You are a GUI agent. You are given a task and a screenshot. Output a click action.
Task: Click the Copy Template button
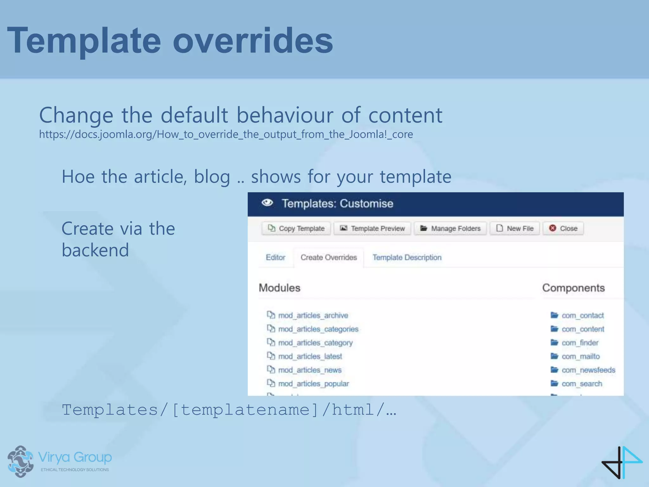[296, 228]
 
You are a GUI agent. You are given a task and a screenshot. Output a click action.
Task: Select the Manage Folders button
[450, 228]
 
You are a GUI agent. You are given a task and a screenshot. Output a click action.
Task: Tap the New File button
[515, 228]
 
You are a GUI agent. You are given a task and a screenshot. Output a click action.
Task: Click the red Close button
[563, 228]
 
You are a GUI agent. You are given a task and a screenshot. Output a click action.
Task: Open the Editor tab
[275, 257]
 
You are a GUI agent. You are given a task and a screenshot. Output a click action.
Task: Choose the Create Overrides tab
[329, 257]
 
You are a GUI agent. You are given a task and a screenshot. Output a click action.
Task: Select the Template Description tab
[407, 257]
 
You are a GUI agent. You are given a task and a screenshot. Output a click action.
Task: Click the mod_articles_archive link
[313, 315]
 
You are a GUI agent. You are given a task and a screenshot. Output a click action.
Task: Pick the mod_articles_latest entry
[310, 356]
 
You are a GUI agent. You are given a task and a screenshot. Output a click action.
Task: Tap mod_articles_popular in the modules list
[313, 384]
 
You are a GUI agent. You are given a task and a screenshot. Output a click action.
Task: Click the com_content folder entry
[582, 329]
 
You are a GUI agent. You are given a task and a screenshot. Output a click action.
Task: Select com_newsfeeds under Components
[588, 370]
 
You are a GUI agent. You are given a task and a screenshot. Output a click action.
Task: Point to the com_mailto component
[580, 356]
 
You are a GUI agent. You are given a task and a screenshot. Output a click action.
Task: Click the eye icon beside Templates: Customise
[267, 203]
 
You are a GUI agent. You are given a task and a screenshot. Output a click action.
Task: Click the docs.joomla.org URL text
[226, 134]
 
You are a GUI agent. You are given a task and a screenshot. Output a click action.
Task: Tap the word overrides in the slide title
[253, 41]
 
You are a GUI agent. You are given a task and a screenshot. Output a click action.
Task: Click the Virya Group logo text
[75, 457]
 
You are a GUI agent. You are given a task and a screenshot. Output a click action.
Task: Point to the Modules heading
[279, 288]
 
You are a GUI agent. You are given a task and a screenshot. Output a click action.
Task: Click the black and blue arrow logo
[621, 462]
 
